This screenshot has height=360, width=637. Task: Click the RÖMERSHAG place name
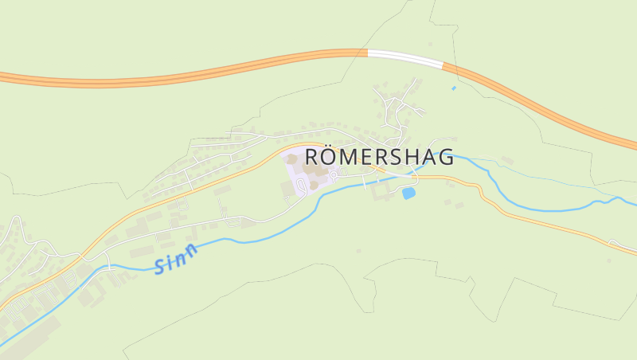click(x=380, y=156)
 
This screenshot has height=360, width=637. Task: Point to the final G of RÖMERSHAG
click(x=445, y=156)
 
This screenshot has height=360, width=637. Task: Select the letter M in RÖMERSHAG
click(x=351, y=156)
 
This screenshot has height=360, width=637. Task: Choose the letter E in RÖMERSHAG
click(x=370, y=156)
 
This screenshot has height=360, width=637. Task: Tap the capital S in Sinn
click(x=161, y=267)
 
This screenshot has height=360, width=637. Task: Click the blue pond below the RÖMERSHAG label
click(x=408, y=194)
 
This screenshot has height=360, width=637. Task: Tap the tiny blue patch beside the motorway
click(x=454, y=88)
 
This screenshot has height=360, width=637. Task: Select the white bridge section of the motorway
click(x=404, y=58)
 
